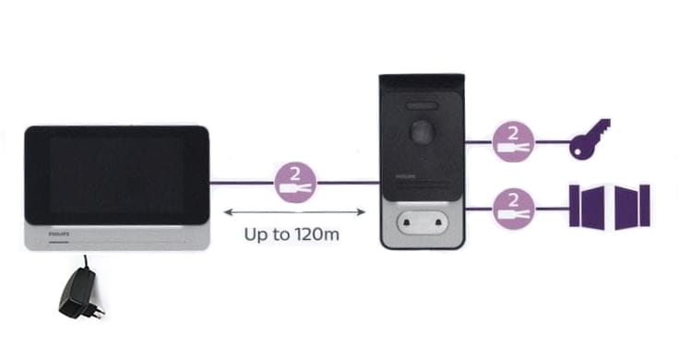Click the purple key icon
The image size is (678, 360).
589,138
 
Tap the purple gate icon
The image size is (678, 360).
610,206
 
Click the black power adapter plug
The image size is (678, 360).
80,292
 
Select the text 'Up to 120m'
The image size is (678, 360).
291,234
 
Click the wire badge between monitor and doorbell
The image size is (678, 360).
295,183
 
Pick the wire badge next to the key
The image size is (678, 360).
513,141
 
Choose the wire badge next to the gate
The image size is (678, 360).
513,209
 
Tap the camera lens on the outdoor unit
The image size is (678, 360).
421,131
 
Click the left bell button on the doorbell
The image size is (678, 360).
407,223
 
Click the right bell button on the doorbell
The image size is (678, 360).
438,222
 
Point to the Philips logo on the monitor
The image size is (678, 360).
58,234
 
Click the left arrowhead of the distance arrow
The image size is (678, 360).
228,212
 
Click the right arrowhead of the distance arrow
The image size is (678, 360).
361,212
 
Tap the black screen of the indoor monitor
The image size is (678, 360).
117,175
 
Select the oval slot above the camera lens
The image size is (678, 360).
422,106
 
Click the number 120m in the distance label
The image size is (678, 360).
316,234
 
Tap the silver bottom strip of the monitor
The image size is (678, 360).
117,237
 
